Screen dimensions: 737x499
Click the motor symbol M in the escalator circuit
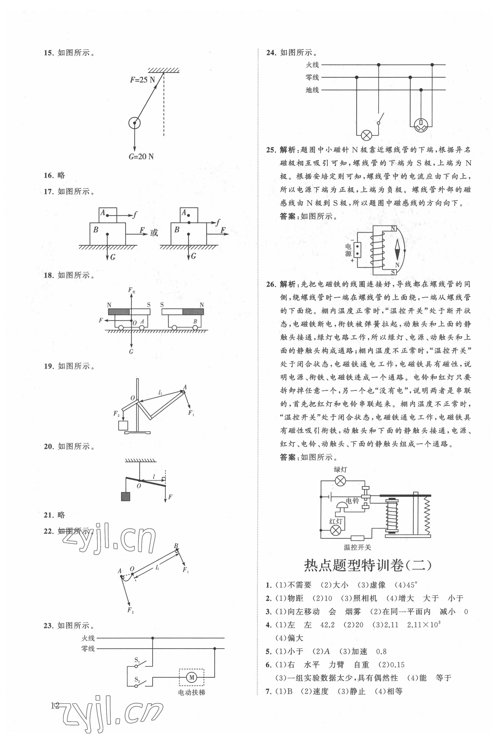(192, 678)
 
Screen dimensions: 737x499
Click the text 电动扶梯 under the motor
(192, 692)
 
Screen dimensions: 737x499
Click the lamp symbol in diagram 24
(367, 135)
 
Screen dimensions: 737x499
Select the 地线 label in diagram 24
(312, 90)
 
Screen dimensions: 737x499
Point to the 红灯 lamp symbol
(336, 530)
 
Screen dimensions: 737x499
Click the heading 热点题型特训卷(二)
(368, 565)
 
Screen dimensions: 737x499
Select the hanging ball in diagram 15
(134, 123)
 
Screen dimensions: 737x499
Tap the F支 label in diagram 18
(131, 290)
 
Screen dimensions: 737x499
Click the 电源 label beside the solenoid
(348, 250)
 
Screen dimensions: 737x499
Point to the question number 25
(271, 150)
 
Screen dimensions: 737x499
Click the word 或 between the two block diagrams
(154, 233)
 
